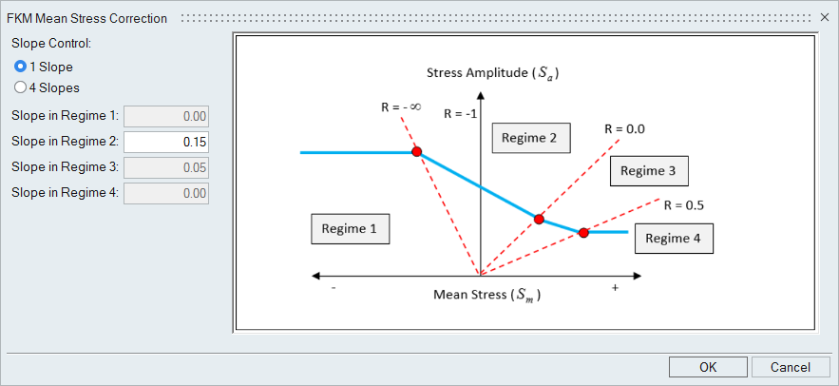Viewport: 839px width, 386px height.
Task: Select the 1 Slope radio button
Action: coord(21,67)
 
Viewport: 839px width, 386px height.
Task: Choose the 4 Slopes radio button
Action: coord(21,87)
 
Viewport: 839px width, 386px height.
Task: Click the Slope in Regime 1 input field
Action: coord(166,116)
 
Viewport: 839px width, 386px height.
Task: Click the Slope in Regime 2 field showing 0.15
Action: coord(166,142)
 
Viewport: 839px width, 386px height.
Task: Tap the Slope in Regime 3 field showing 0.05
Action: coord(166,167)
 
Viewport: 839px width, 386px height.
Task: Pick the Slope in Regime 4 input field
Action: coord(166,193)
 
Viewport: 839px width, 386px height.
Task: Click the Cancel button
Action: coord(791,367)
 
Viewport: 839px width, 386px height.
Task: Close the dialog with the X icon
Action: coord(824,18)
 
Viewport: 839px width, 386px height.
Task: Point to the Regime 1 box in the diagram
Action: coord(350,228)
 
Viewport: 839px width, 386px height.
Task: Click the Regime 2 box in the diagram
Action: coord(530,138)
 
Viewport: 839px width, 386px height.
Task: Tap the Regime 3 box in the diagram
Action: coord(648,170)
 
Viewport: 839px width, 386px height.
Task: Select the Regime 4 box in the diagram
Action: coord(674,238)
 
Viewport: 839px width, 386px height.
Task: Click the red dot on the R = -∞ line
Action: coord(415,152)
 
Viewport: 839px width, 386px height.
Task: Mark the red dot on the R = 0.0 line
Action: coord(539,220)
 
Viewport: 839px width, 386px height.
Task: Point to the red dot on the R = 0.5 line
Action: coord(583,232)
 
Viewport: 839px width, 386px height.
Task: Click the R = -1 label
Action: coord(459,112)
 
